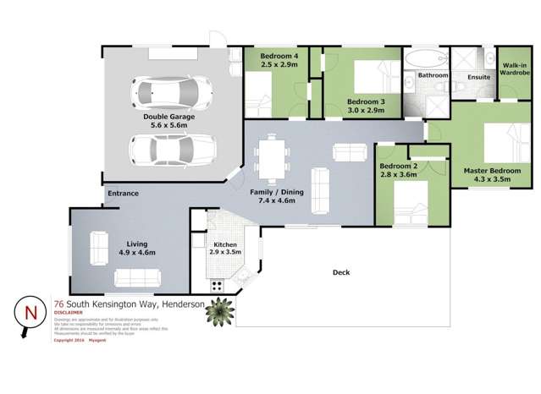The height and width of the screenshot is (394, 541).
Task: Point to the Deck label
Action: click(341, 272)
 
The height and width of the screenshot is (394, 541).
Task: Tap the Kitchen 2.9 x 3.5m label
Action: click(224, 249)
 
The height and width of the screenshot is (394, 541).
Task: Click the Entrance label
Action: click(123, 194)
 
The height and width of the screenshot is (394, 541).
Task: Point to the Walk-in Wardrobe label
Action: click(516, 68)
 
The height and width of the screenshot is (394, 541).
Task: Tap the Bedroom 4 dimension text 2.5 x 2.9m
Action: click(273, 64)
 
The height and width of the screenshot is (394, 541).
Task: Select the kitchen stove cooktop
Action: click(217, 284)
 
